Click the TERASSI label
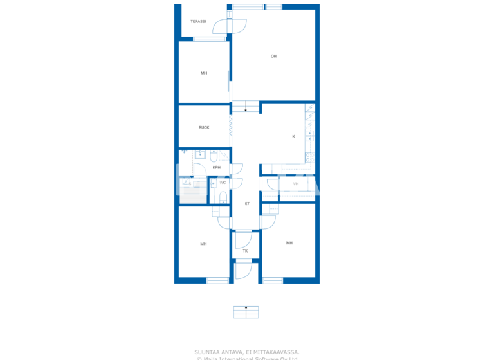198,22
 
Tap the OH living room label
273,57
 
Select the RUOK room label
204,127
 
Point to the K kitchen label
294,136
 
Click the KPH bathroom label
217,168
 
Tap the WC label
223,183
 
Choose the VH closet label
296,184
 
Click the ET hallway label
246,204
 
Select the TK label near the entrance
245,251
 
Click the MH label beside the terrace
204,73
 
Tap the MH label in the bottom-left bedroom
203,244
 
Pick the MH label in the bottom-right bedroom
289,243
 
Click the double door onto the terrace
230,26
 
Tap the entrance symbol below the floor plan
246,311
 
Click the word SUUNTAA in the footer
208,352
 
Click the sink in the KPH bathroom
199,154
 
